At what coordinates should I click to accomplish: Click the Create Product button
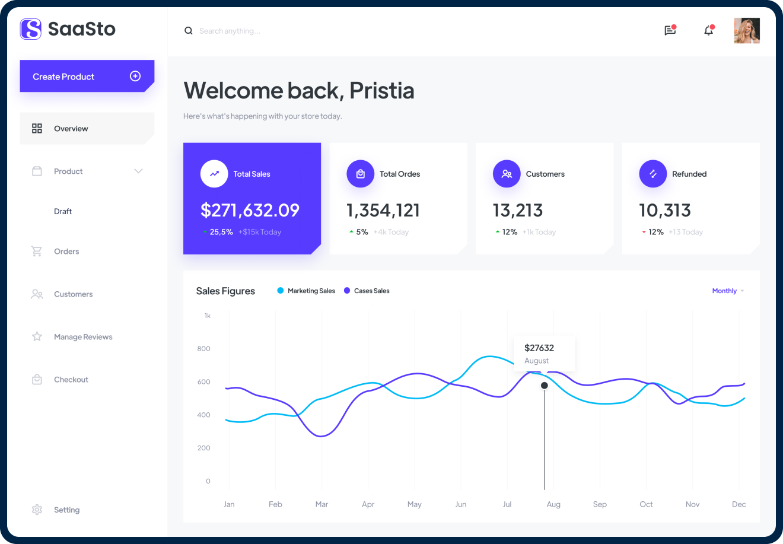point(87,77)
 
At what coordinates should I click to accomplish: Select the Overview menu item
point(71,129)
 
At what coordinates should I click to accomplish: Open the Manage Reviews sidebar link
point(83,337)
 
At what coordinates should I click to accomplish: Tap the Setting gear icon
point(37,510)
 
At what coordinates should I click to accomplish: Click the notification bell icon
point(708,31)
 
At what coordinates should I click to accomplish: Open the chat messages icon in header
point(670,31)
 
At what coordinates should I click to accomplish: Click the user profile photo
point(746,31)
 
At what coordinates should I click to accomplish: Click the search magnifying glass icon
point(189,31)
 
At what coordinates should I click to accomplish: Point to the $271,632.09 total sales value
point(250,210)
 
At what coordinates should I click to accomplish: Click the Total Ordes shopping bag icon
point(360,174)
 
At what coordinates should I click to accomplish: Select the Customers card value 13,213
point(518,210)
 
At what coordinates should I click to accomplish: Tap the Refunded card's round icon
point(652,174)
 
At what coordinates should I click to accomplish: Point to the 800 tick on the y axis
point(204,349)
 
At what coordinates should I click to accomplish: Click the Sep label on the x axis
point(600,504)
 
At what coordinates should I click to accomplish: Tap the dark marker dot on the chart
point(545,386)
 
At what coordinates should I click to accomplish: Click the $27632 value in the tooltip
point(539,348)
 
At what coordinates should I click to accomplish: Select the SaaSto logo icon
point(31,28)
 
